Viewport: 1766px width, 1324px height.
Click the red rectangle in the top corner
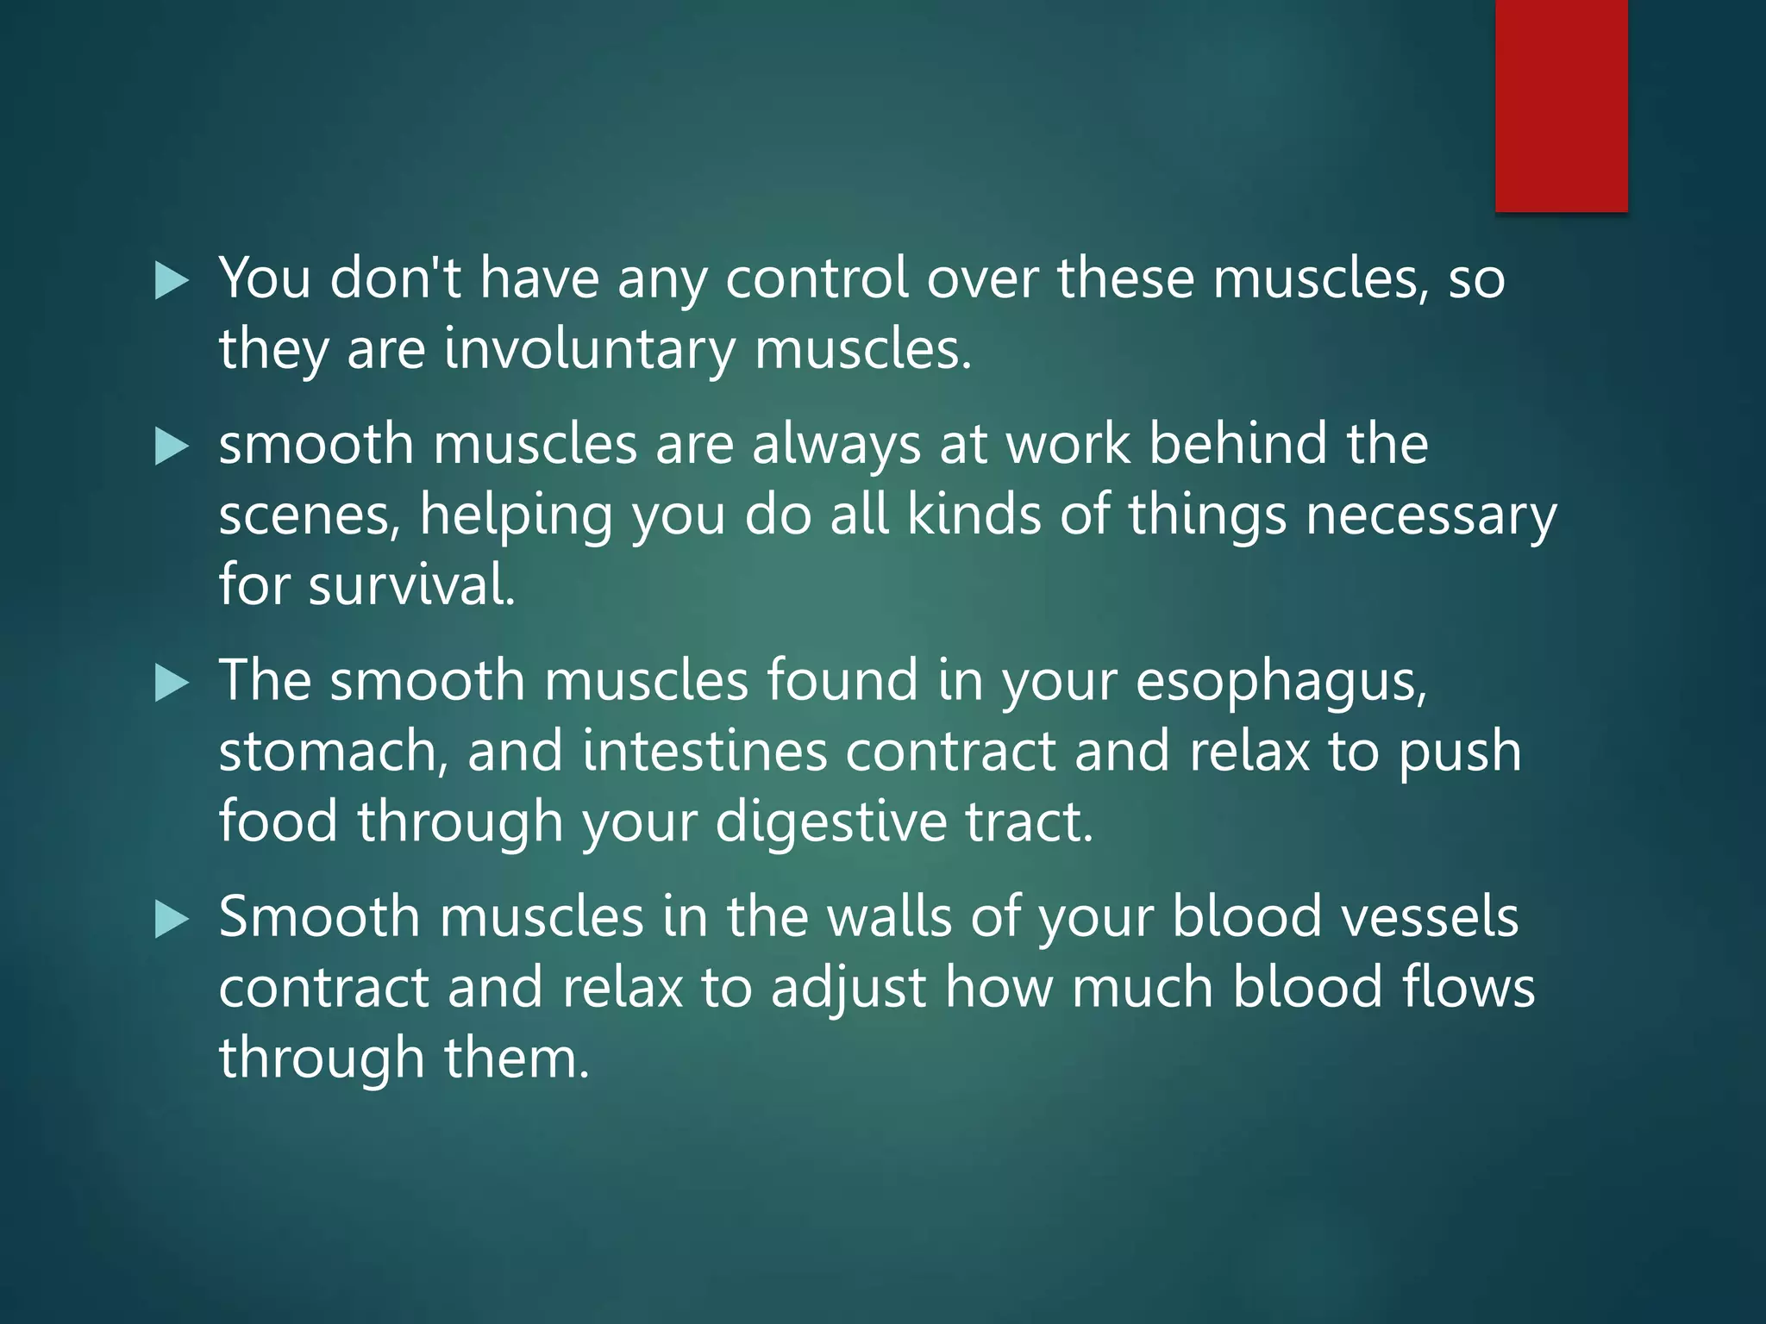tap(1561, 105)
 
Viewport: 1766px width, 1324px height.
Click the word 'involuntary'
tap(590, 350)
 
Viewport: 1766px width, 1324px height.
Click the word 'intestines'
tap(705, 752)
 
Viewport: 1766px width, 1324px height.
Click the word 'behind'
tap(1238, 445)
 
